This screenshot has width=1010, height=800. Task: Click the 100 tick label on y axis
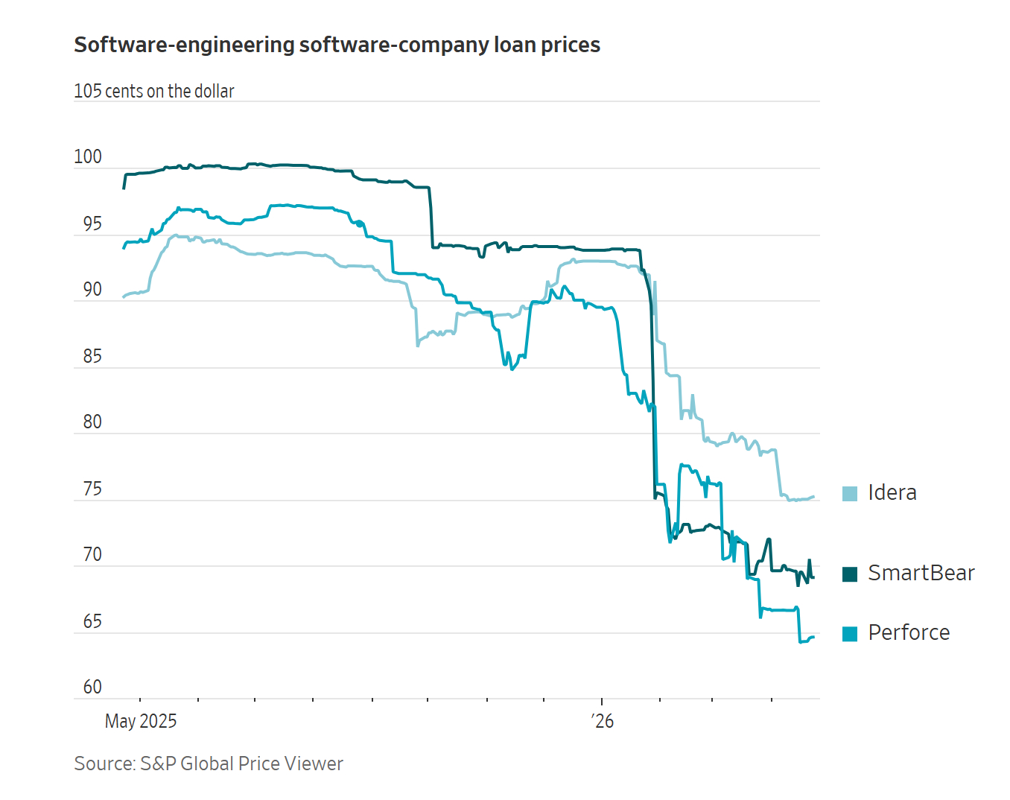pos(88,157)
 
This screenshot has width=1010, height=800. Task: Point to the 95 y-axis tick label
pos(92,224)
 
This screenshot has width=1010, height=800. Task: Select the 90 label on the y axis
pos(92,290)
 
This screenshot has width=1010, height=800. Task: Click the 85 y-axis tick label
pos(92,357)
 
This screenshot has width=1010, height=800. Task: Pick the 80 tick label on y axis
pos(92,422)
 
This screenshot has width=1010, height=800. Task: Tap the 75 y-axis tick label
pos(92,489)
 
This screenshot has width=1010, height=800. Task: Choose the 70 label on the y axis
pos(92,555)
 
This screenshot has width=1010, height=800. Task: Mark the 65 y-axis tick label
pos(92,622)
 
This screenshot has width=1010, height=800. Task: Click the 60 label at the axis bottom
pos(92,687)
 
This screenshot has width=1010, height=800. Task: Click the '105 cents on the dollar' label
pos(154,92)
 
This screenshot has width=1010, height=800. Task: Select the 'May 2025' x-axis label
pos(141,721)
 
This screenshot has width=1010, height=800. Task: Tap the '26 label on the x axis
pos(603,721)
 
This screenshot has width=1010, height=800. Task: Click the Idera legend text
pos(892,493)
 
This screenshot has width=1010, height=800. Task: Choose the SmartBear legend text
pos(921,574)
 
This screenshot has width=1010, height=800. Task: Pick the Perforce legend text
pos(909,633)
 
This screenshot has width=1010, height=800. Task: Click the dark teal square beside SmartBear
pos(850,574)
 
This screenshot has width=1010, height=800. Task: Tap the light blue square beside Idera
pos(850,494)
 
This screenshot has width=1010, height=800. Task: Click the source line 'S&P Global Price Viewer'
pos(241,764)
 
